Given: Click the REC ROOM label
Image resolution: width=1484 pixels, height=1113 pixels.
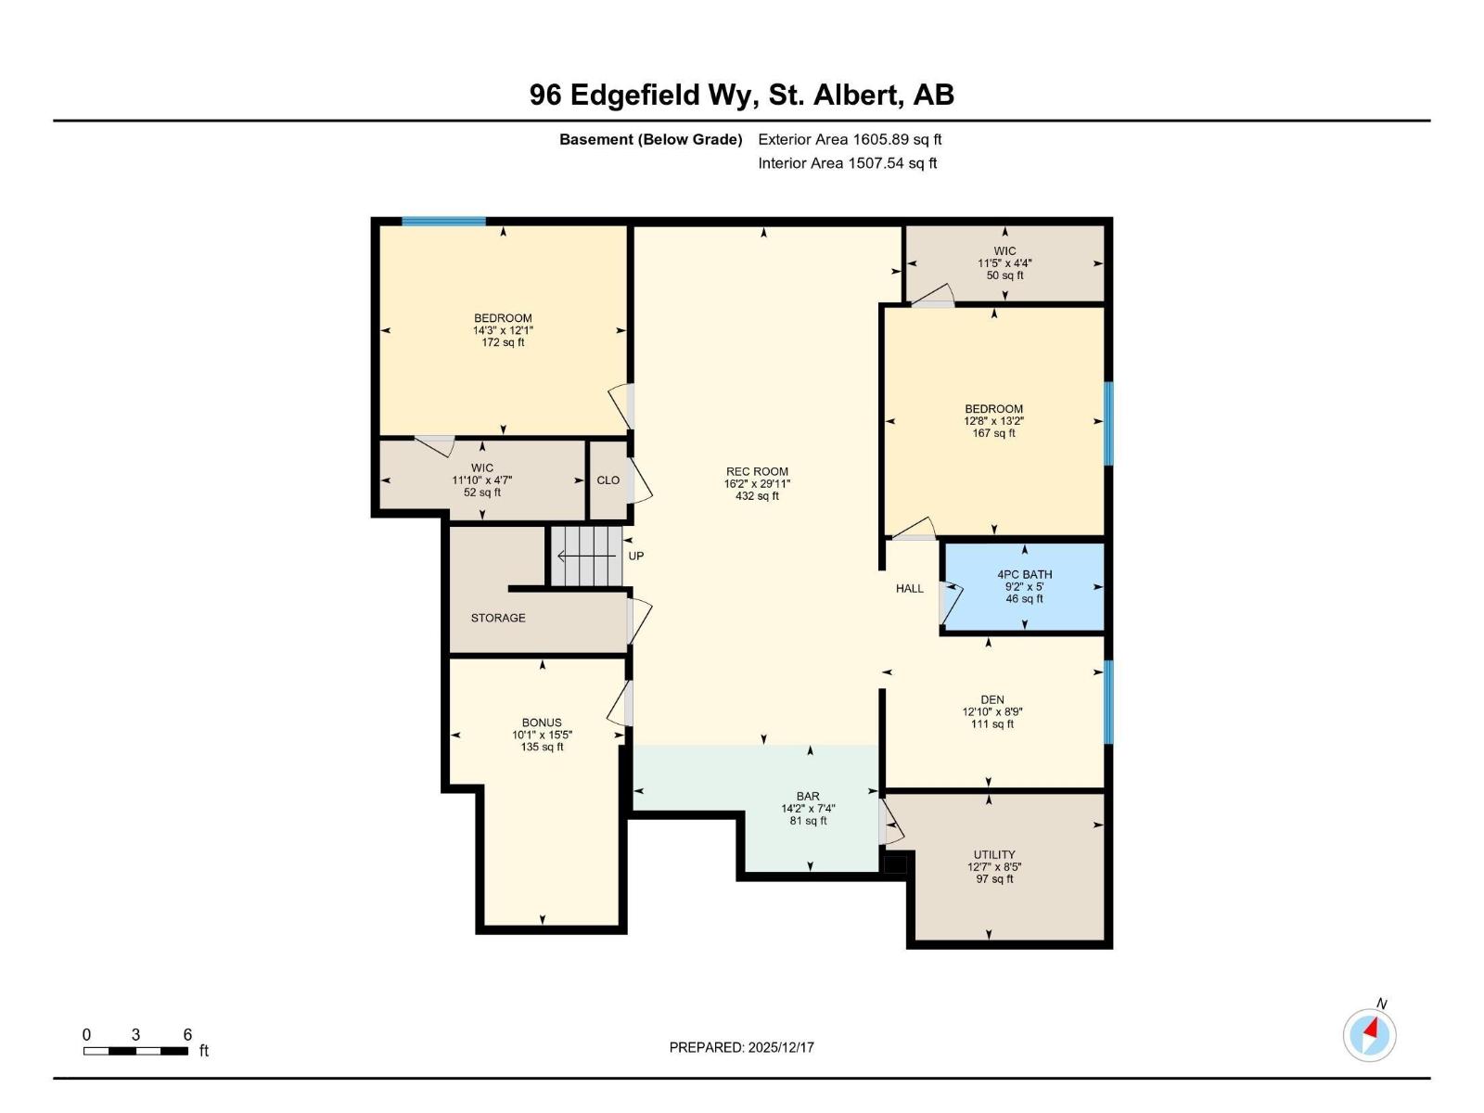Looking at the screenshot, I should pyautogui.click(x=757, y=471).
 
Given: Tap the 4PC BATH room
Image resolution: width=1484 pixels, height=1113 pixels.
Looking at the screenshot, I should pyautogui.click(x=1024, y=587).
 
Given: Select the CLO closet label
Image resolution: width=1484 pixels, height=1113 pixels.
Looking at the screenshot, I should pyautogui.click(x=608, y=480).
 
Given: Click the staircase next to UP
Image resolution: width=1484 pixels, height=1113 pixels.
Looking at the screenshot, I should pyautogui.click(x=586, y=556).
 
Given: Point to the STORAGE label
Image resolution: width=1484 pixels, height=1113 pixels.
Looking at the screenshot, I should pyautogui.click(x=498, y=618).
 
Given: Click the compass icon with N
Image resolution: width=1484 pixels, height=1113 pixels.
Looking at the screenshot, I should pyautogui.click(x=1369, y=1034).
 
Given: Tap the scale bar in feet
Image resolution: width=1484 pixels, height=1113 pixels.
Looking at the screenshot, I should pyautogui.click(x=135, y=1051).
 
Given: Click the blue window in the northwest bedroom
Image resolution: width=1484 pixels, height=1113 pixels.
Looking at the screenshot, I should pyautogui.click(x=443, y=222).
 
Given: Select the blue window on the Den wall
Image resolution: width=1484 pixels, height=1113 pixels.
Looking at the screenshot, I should pyautogui.click(x=1108, y=702).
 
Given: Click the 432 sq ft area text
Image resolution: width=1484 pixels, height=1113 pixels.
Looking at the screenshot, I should pyautogui.click(x=757, y=496).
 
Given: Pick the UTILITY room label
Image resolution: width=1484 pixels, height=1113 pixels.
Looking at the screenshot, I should pyautogui.click(x=994, y=854).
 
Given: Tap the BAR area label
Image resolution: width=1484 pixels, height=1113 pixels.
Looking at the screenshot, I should pyautogui.click(x=808, y=796).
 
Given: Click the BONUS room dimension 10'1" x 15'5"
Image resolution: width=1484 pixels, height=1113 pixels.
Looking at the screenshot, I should pyautogui.click(x=542, y=735).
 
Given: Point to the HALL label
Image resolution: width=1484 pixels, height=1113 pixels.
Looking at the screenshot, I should pyautogui.click(x=909, y=588).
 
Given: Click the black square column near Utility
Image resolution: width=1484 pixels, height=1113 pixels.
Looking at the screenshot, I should pyautogui.click(x=895, y=864).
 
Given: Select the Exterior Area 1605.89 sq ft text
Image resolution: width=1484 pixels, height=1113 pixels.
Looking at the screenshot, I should pyautogui.click(x=850, y=140).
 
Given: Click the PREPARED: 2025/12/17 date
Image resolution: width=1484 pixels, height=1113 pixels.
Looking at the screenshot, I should pyautogui.click(x=742, y=1047).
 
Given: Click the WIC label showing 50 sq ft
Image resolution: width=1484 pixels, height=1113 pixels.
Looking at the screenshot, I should pyautogui.click(x=1004, y=263).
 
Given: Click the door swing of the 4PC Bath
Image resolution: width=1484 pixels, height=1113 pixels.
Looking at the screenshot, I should pyautogui.click(x=951, y=601).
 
